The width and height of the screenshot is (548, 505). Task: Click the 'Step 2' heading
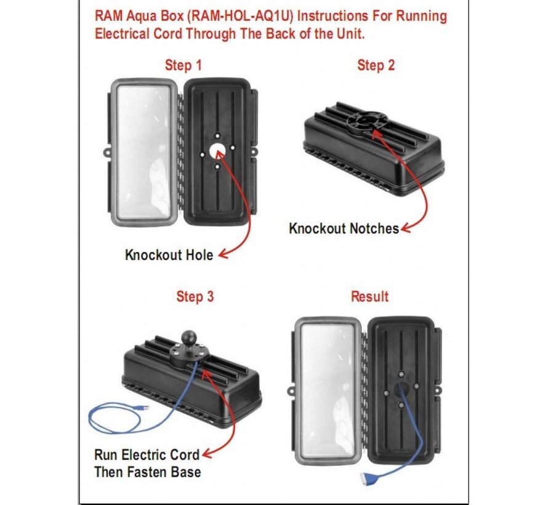pyautogui.click(x=375, y=65)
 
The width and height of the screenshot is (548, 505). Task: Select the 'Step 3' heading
pyautogui.click(x=195, y=297)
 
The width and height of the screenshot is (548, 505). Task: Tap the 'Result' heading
pyautogui.click(x=369, y=297)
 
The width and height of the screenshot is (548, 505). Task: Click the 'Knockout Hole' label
pyautogui.click(x=169, y=254)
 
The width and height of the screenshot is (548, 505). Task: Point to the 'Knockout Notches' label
pyautogui.click(x=344, y=228)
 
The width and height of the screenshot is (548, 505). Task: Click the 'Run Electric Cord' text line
pyautogui.click(x=147, y=455)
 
